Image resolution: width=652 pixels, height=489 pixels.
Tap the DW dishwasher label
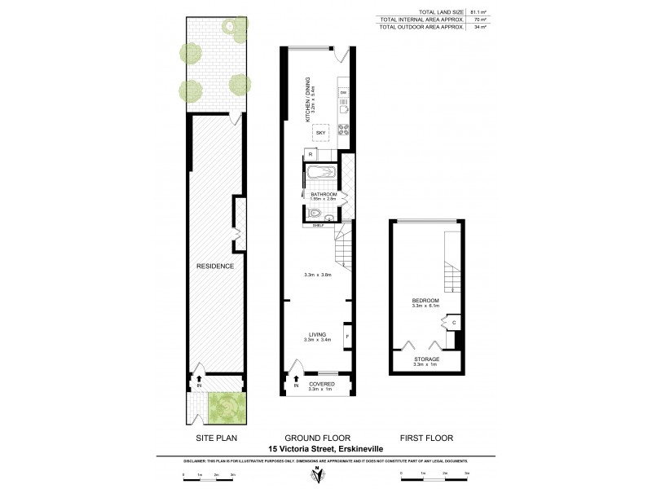pos(343,94)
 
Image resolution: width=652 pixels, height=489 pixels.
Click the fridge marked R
pos(311,154)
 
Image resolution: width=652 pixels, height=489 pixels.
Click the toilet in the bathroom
pos(315,212)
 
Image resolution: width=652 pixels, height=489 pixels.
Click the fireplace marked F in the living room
pos(347,336)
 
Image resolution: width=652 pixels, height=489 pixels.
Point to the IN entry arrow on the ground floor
pos(296,380)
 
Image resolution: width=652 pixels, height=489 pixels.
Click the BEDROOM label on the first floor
pos(425,301)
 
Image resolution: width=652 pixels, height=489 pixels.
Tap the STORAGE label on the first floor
pos(426,359)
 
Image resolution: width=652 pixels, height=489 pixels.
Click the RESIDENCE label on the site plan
pos(215,266)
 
